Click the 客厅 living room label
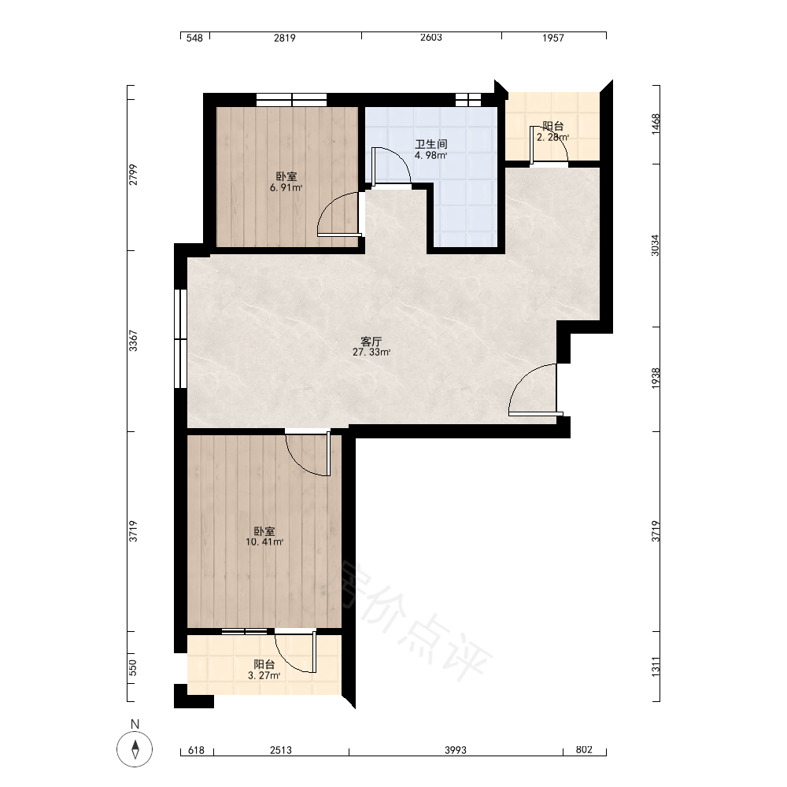tap(371, 342)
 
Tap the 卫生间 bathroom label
tap(431, 144)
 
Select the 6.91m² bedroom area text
tap(286, 188)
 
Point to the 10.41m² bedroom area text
tap(264, 542)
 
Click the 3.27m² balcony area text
tap(264, 675)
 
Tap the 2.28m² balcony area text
tap(552, 137)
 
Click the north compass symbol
tap(135, 749)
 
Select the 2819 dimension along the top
tap(285, 38)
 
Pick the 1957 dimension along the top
tap(553, 38)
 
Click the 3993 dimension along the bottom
tap(455, 750)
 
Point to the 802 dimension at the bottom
tap(584, 750)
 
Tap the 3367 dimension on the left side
tap(133, 340)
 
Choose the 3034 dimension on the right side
tap(656, 246)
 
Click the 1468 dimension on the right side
tap(656, 124)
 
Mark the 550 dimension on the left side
tap(132, 667)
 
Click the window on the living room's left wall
tap(180, 338)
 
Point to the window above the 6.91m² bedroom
tap(292, 100)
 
